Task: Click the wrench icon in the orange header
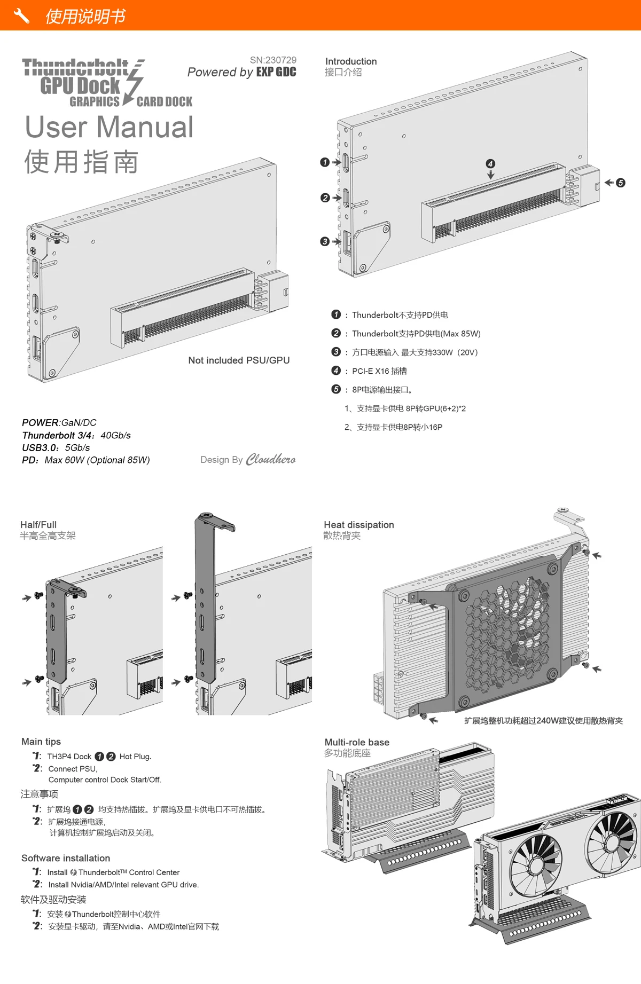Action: (x=21, y=16)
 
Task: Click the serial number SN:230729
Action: (x=273, y=60)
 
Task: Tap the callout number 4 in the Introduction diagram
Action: (x=490, y=164)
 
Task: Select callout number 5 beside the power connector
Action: (x=620, y=183)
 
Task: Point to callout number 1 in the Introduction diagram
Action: (x=325, y=162)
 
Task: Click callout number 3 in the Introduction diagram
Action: (x=325, y=241)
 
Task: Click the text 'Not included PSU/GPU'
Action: (x=239, y=360)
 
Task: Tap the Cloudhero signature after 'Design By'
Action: (x=270, y=459)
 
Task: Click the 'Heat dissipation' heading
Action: (x=359, y=525)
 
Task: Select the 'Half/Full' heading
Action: (x=38, y=525)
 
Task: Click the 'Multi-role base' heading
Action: (x=357, y=742)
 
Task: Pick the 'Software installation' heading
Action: (x=66, y=858)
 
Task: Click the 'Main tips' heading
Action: (x=41, y=742)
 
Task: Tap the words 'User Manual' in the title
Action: (x=110, y=127)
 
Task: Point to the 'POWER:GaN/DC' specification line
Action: (x=59, y=422)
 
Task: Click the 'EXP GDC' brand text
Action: (x=276, y=72)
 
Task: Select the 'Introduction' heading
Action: (x=351, y=61)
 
